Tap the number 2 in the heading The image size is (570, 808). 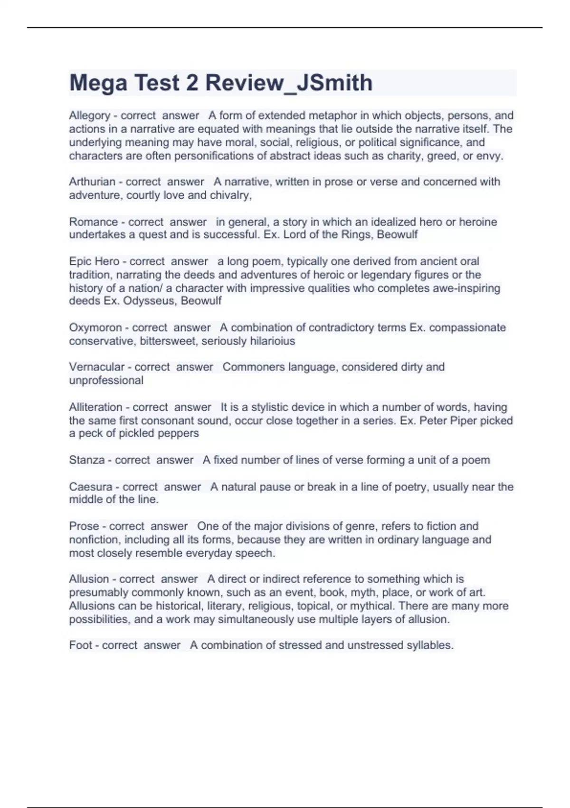click(x=192, y=83)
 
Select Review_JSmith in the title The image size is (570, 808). click(x=289, y=83)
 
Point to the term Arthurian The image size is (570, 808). click(x=92, y=182)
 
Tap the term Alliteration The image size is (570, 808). click(x=95, y=407)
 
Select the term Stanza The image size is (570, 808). click(x=87, y=460)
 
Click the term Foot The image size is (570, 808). click(x=80, y=645)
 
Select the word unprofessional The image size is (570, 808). click(x=106, y=380)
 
